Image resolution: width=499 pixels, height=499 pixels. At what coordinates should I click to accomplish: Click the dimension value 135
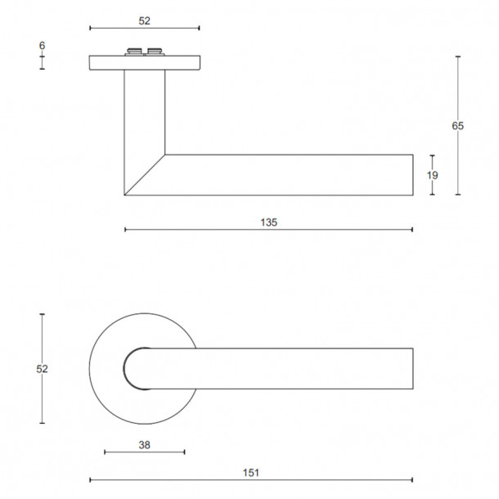coord(269,222)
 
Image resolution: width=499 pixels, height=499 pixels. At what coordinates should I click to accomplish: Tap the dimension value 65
coord(457,126)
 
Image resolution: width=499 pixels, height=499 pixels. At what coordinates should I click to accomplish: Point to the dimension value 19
coord(433,175)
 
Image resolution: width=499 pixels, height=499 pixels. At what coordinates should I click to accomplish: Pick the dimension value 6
coord(42,46)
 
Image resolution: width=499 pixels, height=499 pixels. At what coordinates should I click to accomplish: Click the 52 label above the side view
coord(144,20)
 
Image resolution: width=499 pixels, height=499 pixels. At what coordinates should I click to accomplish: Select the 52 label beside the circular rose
coord(42,369)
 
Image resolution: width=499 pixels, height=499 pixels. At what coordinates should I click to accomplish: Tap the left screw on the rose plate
coord(133,53)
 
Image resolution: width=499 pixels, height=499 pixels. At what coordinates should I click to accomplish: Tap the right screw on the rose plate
coord(153,53)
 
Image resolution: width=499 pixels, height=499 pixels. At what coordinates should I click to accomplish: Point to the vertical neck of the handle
coord(145,115)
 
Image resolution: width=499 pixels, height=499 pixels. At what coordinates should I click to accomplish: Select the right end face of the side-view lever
coord(412,175)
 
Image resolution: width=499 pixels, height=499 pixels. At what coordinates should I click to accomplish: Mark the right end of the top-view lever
coord(412,368)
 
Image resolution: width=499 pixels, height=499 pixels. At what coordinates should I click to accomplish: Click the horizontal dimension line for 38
coord(145,452)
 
